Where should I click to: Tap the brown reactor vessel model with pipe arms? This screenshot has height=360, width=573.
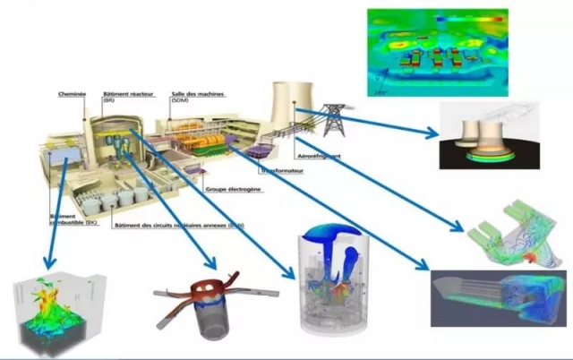[203, 296]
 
